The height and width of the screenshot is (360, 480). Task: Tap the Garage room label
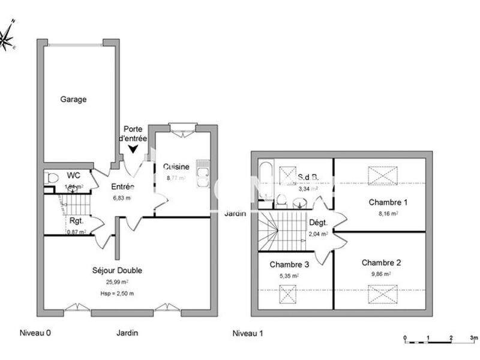point(73,100)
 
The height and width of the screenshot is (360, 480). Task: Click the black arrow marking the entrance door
point(132,148)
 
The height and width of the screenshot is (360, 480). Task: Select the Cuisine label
point(176,167)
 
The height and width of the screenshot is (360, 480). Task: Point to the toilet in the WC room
point(52,178)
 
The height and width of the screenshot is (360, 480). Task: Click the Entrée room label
point(122,186)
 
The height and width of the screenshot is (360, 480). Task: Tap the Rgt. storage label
point(76,220)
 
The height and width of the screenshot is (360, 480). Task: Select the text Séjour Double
point(117,271)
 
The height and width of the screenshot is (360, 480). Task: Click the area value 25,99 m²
point(118,282)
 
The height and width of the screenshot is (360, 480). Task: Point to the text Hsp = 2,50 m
point(118,293)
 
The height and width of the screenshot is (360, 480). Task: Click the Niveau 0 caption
point(34,333)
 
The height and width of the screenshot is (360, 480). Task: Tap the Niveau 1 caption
point(248,333)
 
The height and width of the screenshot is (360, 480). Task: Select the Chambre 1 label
point(383,202)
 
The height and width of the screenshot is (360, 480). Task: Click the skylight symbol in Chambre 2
point(383,294)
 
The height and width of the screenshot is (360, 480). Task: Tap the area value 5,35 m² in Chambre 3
point(289,276)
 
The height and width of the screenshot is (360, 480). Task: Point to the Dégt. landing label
point(317,223)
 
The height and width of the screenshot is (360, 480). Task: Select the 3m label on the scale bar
point(473,338)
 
